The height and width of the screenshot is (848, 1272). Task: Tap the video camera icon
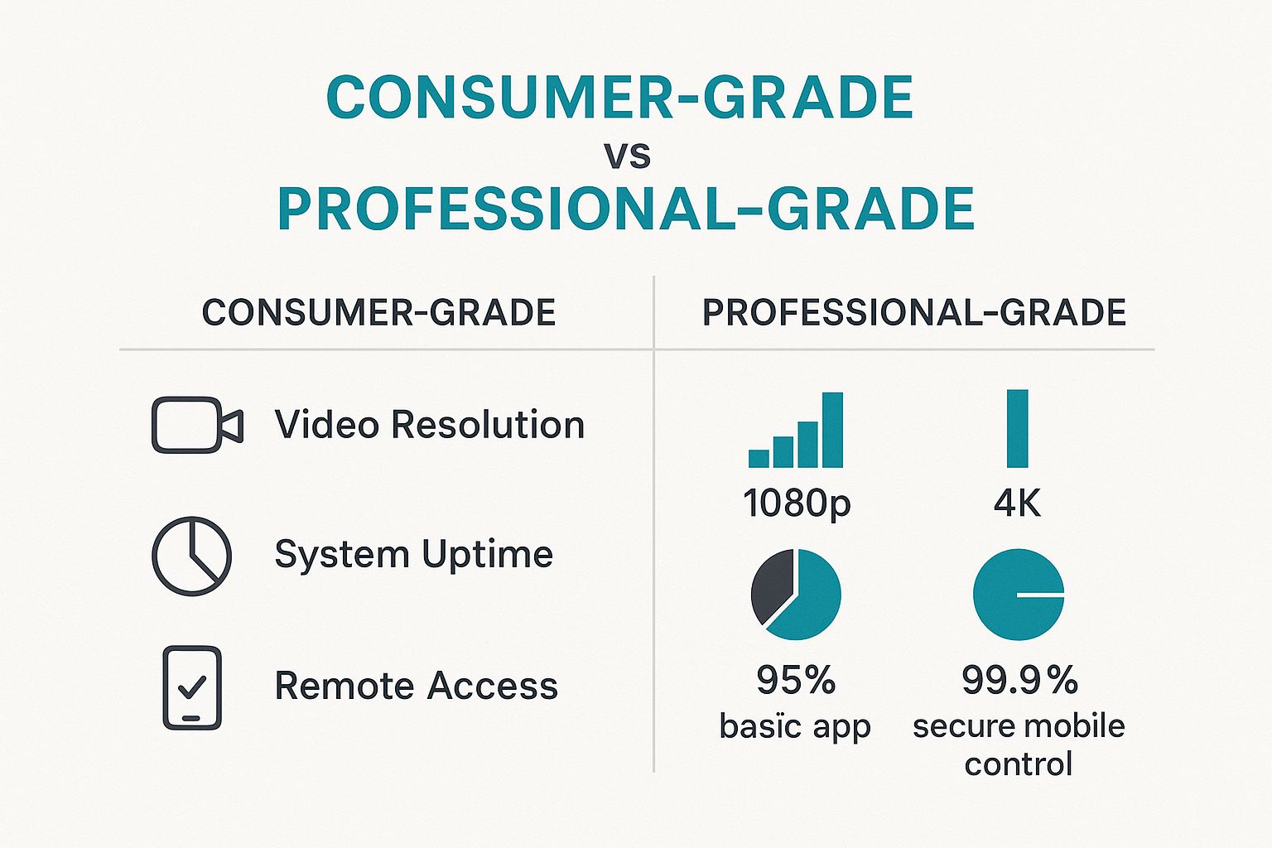(x=197, y=424)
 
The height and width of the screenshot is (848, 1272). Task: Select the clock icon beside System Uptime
(x=192, y=556)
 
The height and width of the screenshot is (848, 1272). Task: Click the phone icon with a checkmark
(x=192, y=687)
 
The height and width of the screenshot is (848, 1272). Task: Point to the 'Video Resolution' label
(x=430, y=424)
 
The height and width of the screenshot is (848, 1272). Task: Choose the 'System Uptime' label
(x=414, y=555)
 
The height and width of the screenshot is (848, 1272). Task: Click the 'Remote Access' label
(x=417, y=686)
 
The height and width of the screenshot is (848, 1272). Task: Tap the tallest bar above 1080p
(x=832, y=430)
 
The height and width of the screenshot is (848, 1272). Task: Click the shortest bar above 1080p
(x=759, y=458)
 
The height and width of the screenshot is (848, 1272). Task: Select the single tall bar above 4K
(x=1018, y=428)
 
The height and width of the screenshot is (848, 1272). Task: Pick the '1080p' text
(x=797, y=503)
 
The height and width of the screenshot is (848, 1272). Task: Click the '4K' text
(x=1018, y=502)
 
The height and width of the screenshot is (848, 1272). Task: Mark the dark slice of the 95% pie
(x=771, y=586)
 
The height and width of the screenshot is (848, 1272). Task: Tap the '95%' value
(x=796, y=679)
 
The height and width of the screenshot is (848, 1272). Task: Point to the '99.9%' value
(x=1019, y=679)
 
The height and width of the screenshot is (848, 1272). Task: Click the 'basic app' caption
(x=795, y=726)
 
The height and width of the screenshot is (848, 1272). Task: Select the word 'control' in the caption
(x=1018, y=764)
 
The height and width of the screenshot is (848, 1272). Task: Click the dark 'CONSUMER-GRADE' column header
(x=378, y=312)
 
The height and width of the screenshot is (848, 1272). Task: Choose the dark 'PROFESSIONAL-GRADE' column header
(x=914, y=312)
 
